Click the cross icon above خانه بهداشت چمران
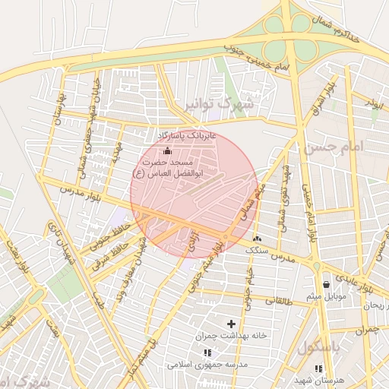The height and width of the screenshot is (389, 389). tap(231, 324)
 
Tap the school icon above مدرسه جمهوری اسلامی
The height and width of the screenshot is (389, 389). tap(207, 353)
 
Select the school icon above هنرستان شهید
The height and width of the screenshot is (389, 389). tap(318, 368)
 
